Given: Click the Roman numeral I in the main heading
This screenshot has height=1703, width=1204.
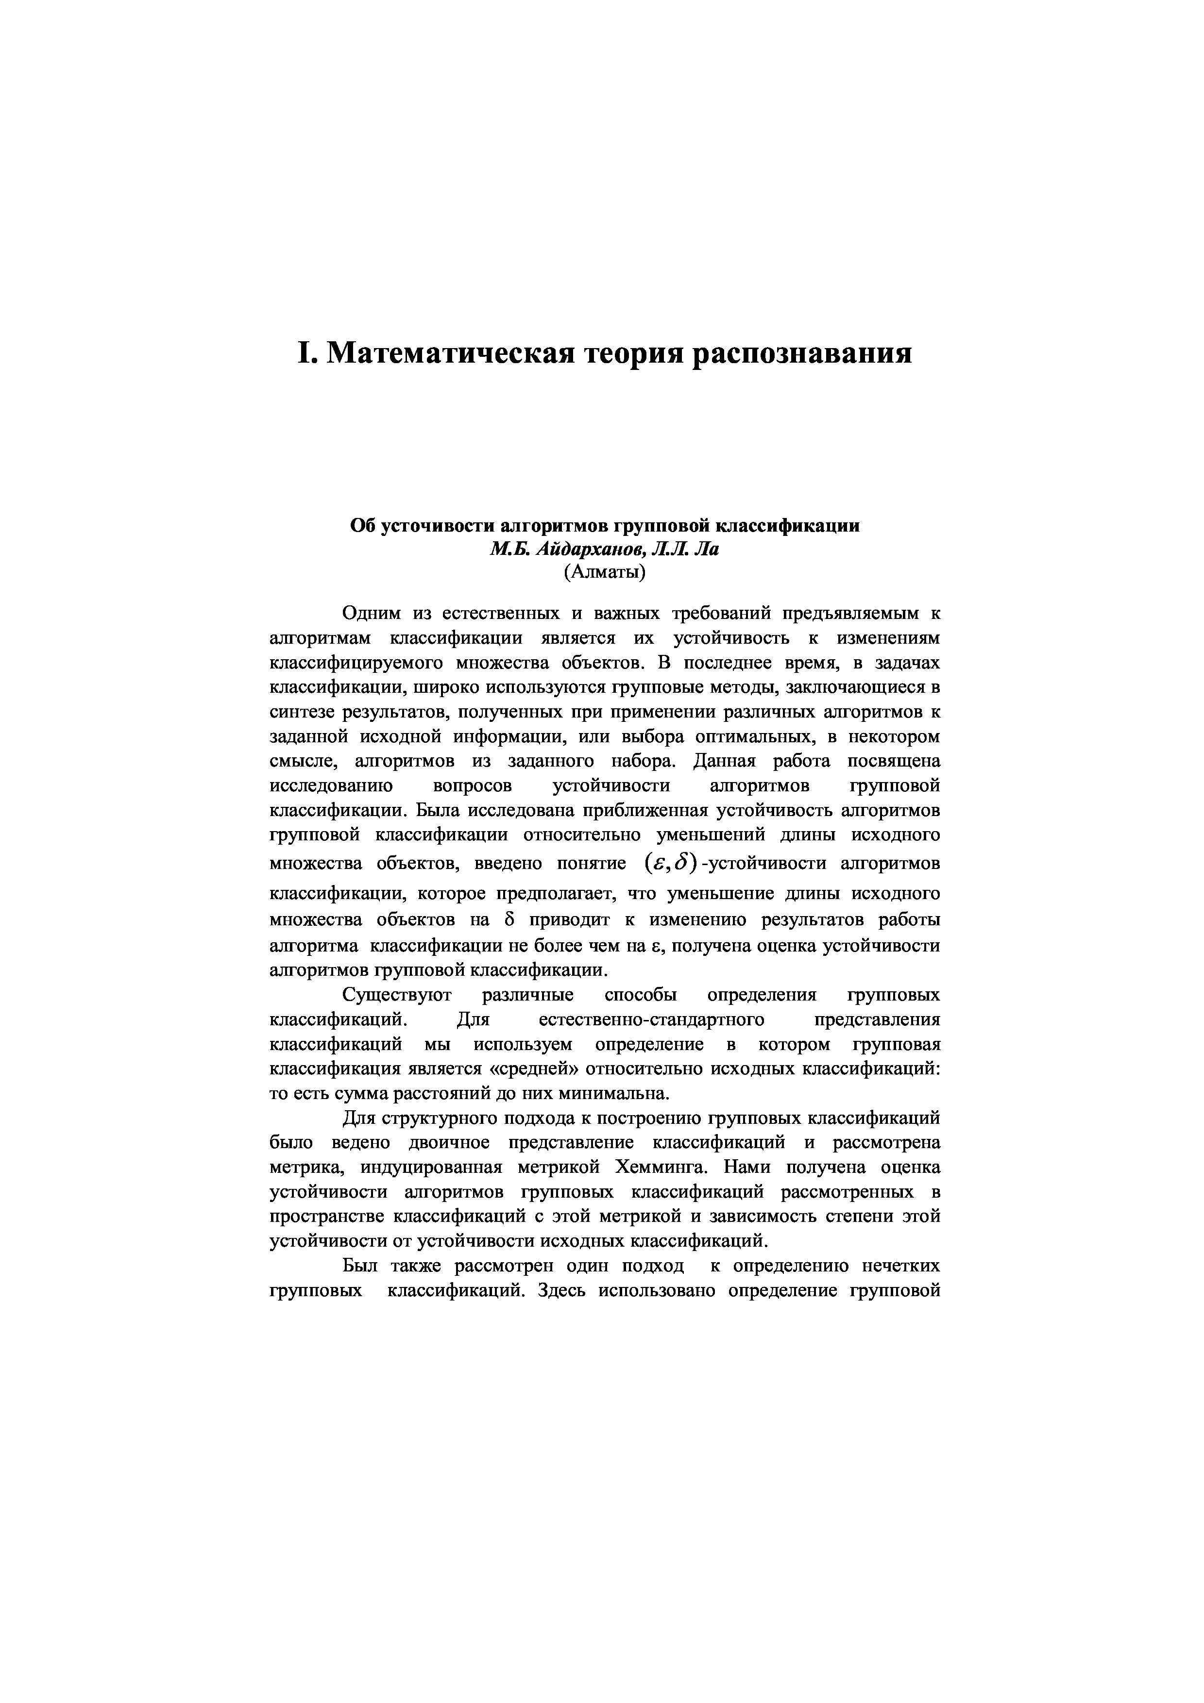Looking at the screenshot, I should pyautogui.click(x=305, y=353).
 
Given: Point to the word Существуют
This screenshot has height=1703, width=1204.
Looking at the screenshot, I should pyautogui.click(x=393, y=995).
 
